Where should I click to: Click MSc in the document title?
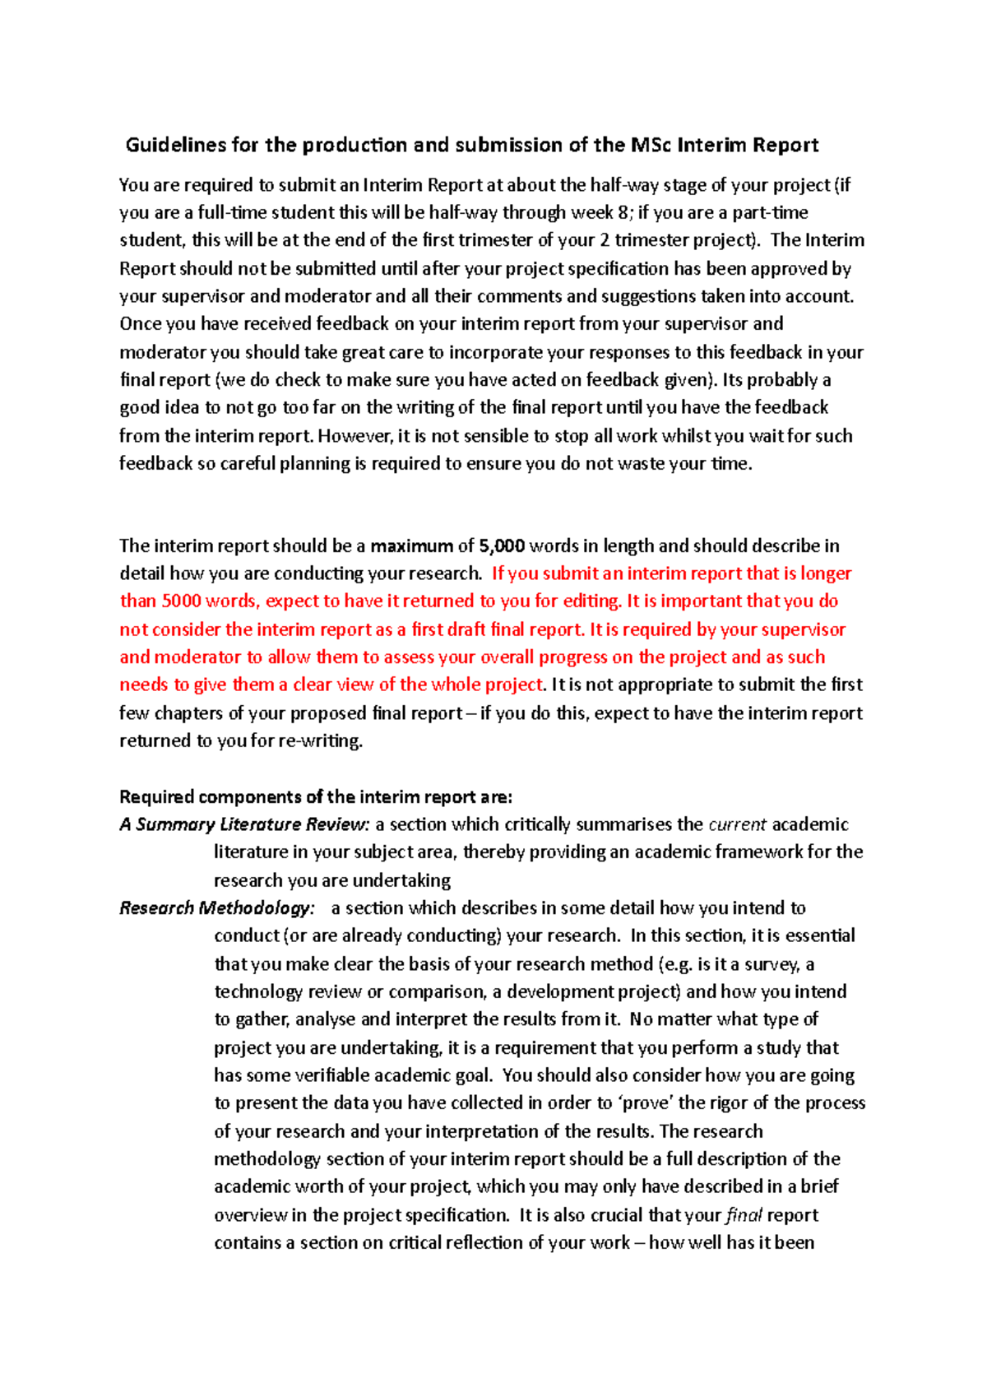tap(651, 146)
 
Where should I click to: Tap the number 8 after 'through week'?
tap(623, 213)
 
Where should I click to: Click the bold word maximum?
tap(411, 546)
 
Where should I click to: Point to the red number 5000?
tap(181, 601)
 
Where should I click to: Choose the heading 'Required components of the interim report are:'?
tap(316, 796)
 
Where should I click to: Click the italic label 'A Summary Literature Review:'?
tap(244, 824)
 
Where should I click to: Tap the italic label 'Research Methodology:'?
tap(216, 908)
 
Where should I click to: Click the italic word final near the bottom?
tap(744, 1215)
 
